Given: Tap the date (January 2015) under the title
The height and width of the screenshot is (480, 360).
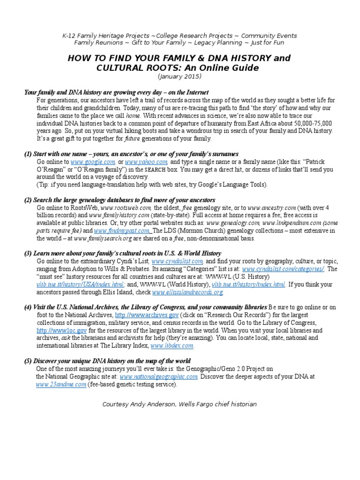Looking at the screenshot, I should point(180,76).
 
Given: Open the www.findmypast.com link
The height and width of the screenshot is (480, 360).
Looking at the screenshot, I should point(123,231).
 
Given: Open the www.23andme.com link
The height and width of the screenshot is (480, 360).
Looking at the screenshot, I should point(61,384).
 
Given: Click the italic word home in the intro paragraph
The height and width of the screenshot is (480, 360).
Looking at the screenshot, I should point(133,116).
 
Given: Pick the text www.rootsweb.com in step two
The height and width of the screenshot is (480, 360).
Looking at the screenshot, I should point(127,208).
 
